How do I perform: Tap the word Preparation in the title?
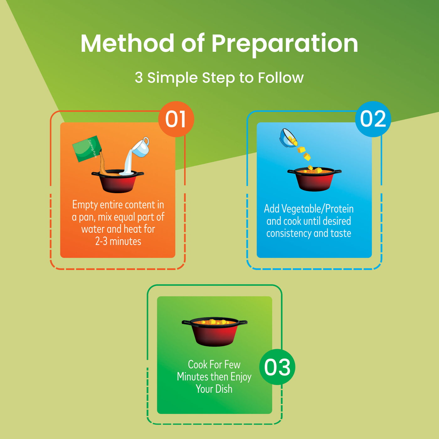(285, 45)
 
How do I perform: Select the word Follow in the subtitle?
(281, 78)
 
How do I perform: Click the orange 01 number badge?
(176, 119)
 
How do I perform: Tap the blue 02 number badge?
(373, 119)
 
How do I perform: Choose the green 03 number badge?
(277, 367)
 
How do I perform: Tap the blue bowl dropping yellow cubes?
(288, 138)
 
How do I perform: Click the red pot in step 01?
(118, 181)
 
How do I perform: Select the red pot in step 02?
(315, 179)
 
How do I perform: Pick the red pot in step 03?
(214, 332)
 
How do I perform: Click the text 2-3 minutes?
(118, 241)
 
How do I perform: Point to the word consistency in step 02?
(288, 233)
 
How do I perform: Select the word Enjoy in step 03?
(241, 377)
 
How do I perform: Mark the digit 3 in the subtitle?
(139, 78)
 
